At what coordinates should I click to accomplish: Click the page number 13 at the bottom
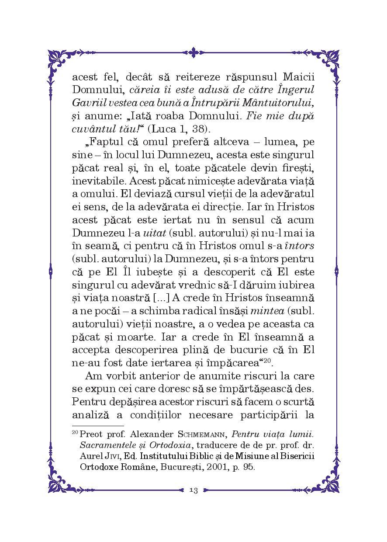point(193,490)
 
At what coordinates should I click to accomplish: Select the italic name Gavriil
point(87,103)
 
